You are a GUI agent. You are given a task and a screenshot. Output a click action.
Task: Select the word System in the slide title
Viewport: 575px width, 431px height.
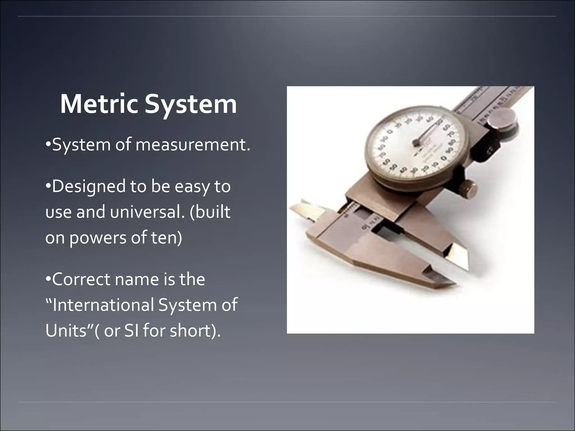click(191, 105)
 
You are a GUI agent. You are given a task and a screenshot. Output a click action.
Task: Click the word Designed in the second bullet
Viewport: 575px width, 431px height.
click(89, 187)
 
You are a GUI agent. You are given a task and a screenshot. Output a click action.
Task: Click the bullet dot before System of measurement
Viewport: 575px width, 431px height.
click(48, 145)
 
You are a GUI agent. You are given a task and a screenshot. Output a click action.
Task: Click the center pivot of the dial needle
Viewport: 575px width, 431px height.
click(416, 143)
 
